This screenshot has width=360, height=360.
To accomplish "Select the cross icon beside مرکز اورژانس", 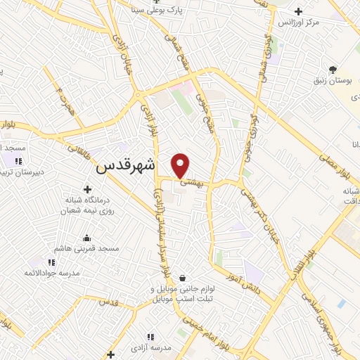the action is (299, 12).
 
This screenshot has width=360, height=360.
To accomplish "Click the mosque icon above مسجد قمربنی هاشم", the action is (86, 238).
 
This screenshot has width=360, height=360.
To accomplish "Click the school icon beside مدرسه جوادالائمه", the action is (51, 262).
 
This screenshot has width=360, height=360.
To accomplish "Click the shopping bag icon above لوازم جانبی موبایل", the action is (182, 277).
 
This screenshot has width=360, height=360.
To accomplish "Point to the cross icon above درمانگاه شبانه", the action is (87, 188).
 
